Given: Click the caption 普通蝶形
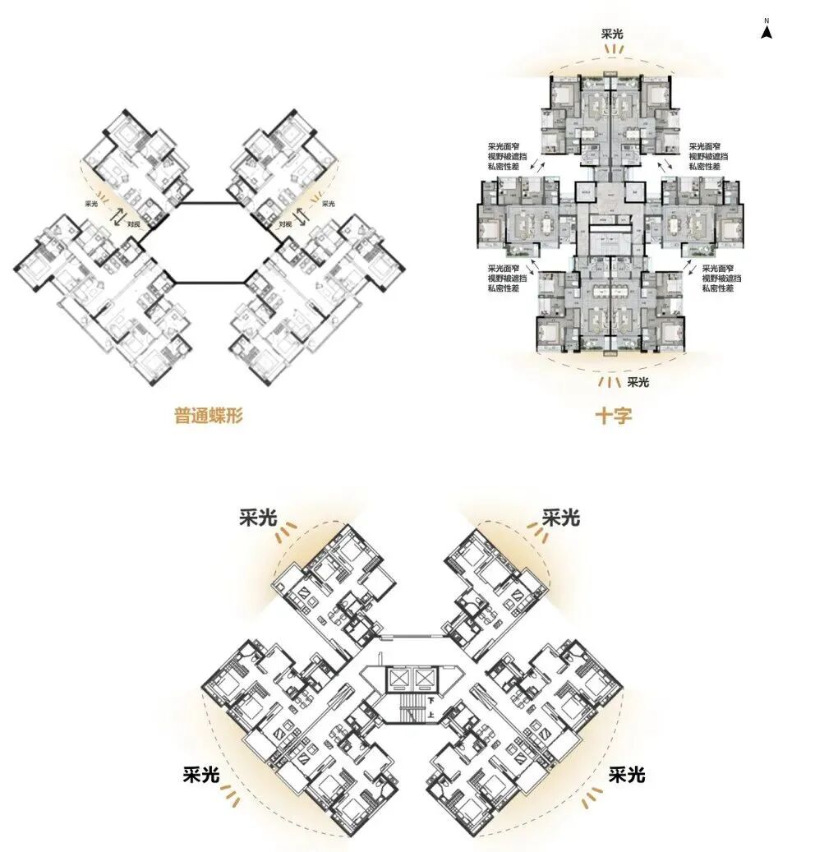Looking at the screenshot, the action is [208, 415].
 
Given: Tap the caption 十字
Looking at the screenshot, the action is [613, 416].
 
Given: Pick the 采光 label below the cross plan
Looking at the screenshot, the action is [638, 382].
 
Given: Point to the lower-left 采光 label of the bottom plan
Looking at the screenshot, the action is [201, 774].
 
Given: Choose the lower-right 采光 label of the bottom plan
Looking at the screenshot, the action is [627, 774].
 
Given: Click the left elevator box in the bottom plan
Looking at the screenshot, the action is [399, 679].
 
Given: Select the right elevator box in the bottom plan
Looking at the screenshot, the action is [424, 679].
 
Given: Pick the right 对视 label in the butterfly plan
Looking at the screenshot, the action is [285, 223].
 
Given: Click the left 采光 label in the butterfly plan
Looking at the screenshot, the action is [91, 204].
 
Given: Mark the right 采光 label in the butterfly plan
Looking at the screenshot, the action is [328, 204].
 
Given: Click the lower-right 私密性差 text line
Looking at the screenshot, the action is [718, 289].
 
